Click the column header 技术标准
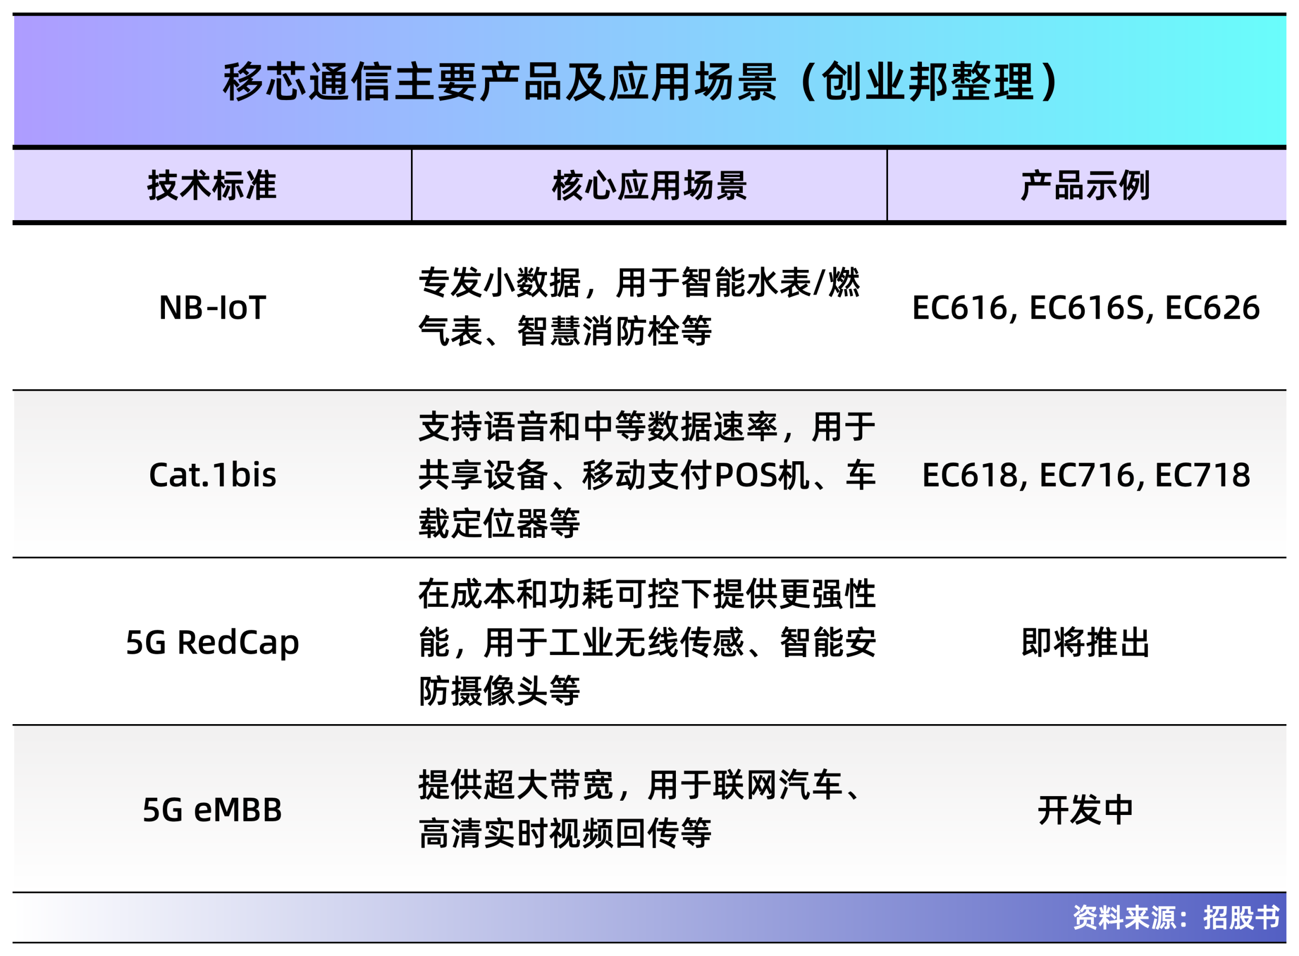212,186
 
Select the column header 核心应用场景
649,186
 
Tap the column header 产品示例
1085,186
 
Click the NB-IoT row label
212,308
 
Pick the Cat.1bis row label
212,475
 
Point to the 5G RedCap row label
212,642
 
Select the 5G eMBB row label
212,809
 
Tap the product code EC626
1212,308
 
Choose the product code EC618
970,475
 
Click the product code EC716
1087,475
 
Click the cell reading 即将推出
1085,642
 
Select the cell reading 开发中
1085,809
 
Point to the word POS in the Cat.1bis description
745,475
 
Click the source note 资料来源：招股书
1176,918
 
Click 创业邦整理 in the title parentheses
928,82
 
